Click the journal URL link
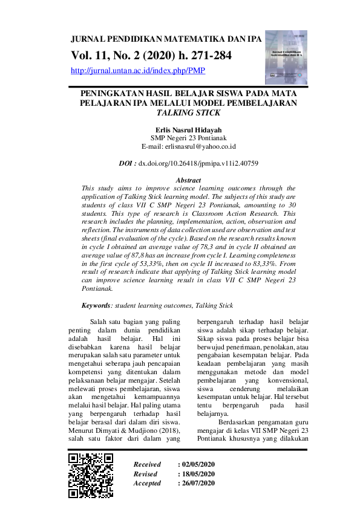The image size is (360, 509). click(138, 71)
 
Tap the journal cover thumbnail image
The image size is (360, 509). click(286, 57)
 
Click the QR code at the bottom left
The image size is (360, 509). click(91, 475)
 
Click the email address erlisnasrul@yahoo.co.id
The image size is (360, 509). click(188, 146)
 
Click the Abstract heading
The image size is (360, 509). click(188, 180)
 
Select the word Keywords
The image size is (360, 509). click(97, 306)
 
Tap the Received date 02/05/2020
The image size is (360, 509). click(198, 464)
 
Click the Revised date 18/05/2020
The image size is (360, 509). click(198, 474)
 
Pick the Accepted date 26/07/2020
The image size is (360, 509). click(198, 484)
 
